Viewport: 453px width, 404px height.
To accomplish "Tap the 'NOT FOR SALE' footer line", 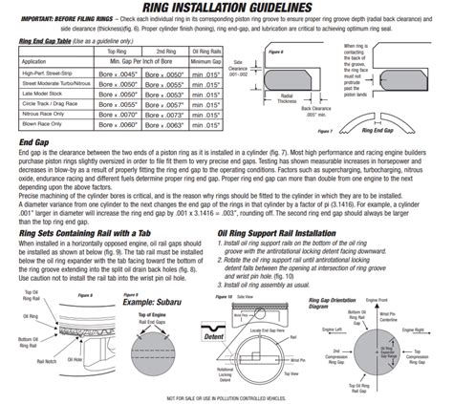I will [x=226, y=396].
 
